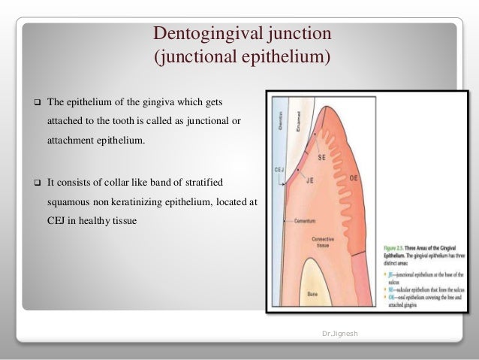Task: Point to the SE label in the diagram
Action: [x=322, y=157]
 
